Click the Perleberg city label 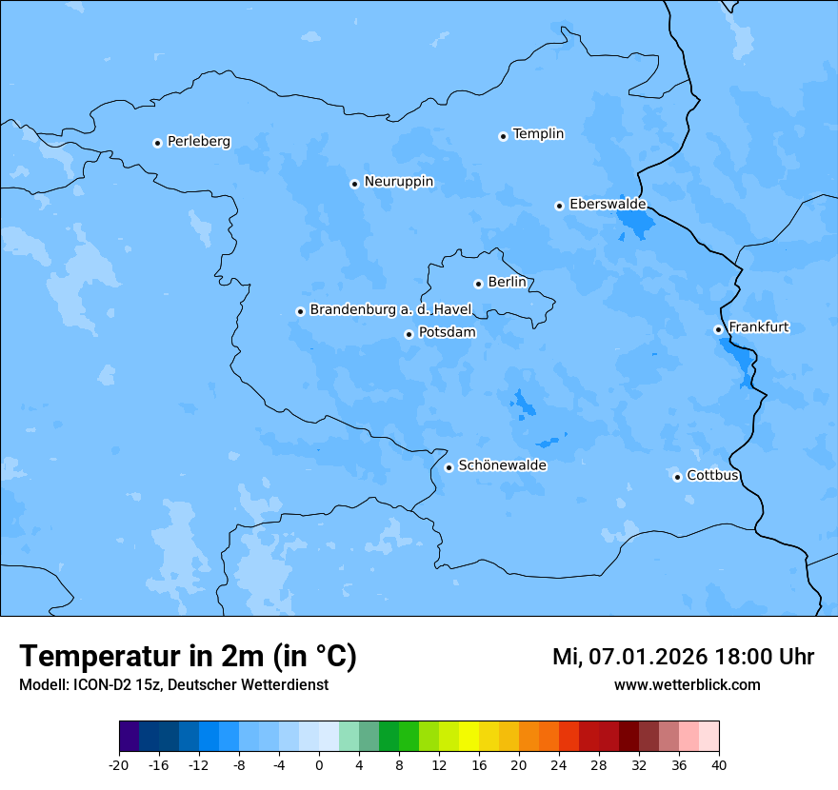click(198, 142)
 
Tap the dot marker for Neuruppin click(354, 184)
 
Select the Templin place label click(538, 134)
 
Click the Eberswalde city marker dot click(559, 206)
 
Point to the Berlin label click(507, 283)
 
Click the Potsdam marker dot click(409, 334)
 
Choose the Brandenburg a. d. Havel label click(390, 310)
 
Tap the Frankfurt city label click(758, 327)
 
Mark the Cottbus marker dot click(677, 477)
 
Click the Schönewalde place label click(502, 465)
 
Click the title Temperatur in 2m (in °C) click(188, 657)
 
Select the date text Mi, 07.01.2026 click(629, 657)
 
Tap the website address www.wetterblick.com click(687, 685)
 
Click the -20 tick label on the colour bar click(119, 765)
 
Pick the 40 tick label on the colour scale click(718, 765)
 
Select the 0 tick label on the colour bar click(319, 765)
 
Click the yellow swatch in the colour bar click(469, 737)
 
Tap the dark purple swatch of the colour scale click(130, 737)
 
